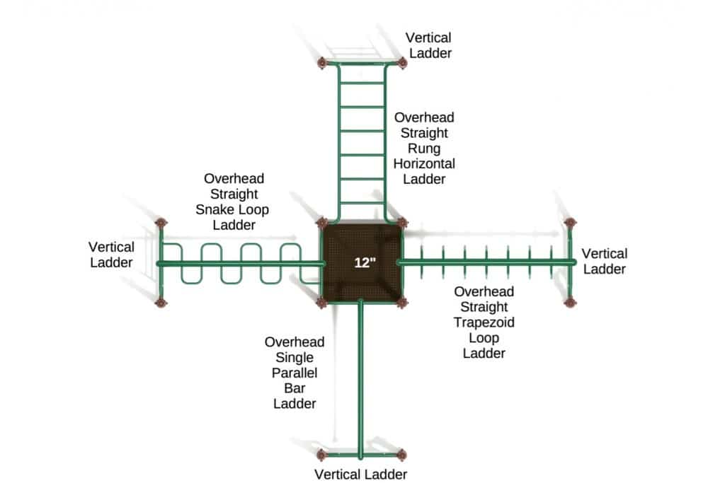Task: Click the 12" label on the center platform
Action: [365, 262]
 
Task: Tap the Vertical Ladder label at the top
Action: [428, 45]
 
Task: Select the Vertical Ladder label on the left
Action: [111, 255]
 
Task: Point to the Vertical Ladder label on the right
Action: [604, 261]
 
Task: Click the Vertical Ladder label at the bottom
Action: [361, 475]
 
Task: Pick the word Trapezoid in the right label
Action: [484, 322]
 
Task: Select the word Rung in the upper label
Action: [424, 148]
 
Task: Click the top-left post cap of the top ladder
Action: [323, 64]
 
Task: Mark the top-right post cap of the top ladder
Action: [402, 63]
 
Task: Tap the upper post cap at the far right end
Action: [570, 223]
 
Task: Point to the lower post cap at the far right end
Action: [570, 303]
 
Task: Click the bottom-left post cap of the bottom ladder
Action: [323, 454]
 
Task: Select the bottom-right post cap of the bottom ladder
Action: [402, 453]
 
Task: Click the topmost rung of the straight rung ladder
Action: [362, 86]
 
